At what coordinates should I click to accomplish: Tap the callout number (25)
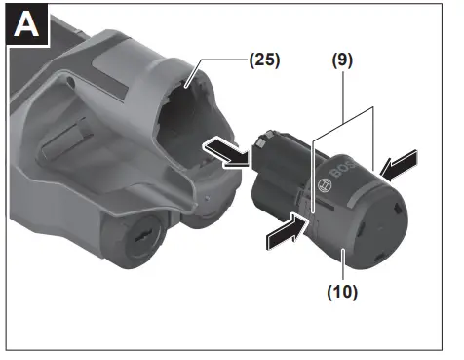[262, 60]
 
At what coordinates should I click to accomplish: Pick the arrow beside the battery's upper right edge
[400, 163]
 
